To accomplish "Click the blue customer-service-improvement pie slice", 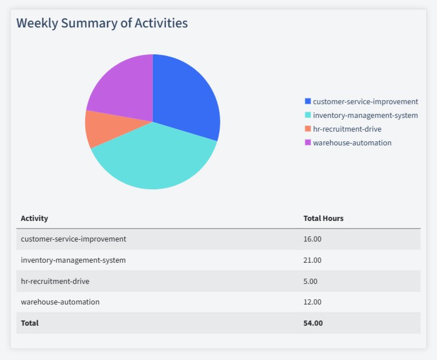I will tap(186, 97).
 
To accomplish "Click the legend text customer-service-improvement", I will tap(365, 101).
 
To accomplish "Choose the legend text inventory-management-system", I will tap(365, 115).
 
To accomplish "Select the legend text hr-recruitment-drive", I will tap(347, 129).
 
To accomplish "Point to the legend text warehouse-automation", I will tap(352, 143).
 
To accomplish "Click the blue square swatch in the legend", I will tap(308, 101).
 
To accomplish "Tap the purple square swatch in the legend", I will tap(308, 143).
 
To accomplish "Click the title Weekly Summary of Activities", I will tap(102, 23).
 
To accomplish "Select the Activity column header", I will tap(34, 218).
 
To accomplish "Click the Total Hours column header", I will tap(323, 218).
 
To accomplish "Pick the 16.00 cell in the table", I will tap(312, 239).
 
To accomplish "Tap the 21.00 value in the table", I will tap(312, 260).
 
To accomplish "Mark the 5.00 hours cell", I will tap(310, 281).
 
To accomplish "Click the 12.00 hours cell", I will tap(312, 302).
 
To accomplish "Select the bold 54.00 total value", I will tap(313, 323).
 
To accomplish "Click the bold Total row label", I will tap(30, 323).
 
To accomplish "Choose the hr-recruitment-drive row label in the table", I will tap(55, 281).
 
